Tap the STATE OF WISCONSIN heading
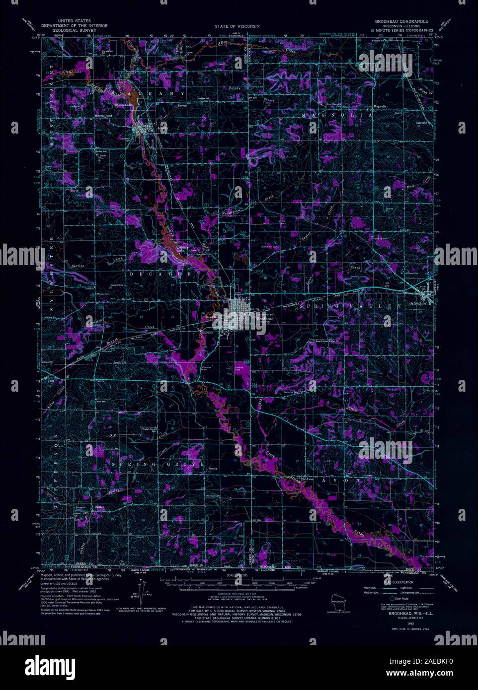[237, 26]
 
